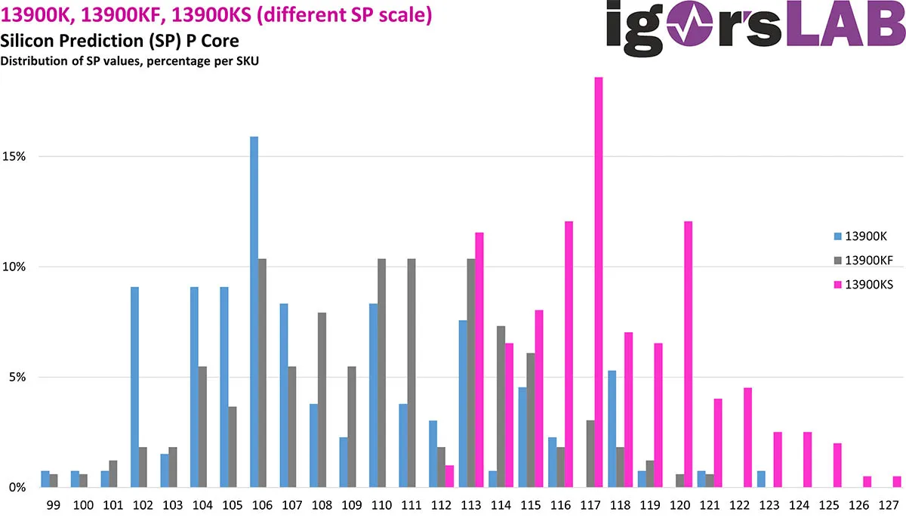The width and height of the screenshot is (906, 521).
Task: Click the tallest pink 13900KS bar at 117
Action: pyautogui.click(x=599, y=282)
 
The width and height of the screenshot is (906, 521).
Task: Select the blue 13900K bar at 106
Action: pyautogui.click(x=254, y=312)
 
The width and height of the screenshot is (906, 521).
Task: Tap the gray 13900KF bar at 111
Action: pyautogui.click(x=411, y=373)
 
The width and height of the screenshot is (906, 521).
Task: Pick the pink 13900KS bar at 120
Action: pyautogui.click(x=688, y=354)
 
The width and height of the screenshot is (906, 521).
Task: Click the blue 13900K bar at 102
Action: pyautogui.click(x=134, y=387)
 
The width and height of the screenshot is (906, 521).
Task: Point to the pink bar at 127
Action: pyautogui.click(x=897, y=482)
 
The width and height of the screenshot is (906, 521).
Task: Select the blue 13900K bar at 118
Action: pyautogui.click(x=612, y=429)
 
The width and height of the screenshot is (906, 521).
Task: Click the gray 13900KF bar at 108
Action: pyautogui.click(x=322, y=400)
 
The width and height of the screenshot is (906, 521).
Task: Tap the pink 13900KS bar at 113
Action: pyautogui.click(x=479, y=360)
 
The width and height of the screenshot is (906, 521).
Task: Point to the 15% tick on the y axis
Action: pyautogui.click(x=14, y=156)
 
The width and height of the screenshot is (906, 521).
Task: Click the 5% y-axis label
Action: pyautogui.click(x=17, y=377)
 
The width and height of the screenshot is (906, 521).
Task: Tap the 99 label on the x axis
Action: pyautogui.click(x=54, y=505)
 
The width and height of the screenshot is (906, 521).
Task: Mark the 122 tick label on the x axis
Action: pyautogui.click(x=740, y=505)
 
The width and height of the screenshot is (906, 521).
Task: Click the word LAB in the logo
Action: pyautogui.click(x=846, y=23)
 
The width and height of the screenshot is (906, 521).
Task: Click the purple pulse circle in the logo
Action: pyautogui.click(x=689, y=23)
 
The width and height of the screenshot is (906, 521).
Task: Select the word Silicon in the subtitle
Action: pyautogui.click(x=26, y=41)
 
